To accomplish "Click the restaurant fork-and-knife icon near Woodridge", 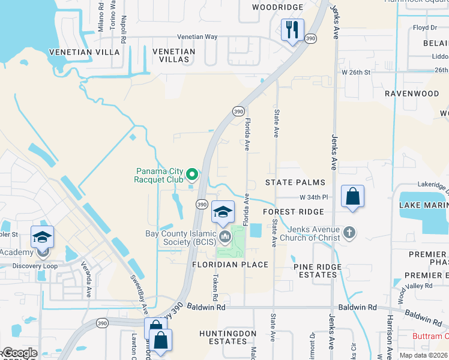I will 292,29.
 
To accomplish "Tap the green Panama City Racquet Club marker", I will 192,175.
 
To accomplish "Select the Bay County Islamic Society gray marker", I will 225,237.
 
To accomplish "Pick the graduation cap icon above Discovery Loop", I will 42,238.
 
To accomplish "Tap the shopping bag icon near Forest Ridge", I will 352,196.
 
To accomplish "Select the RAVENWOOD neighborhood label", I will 412,94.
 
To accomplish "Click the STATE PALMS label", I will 295,182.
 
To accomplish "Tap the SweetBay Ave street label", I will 140,295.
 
